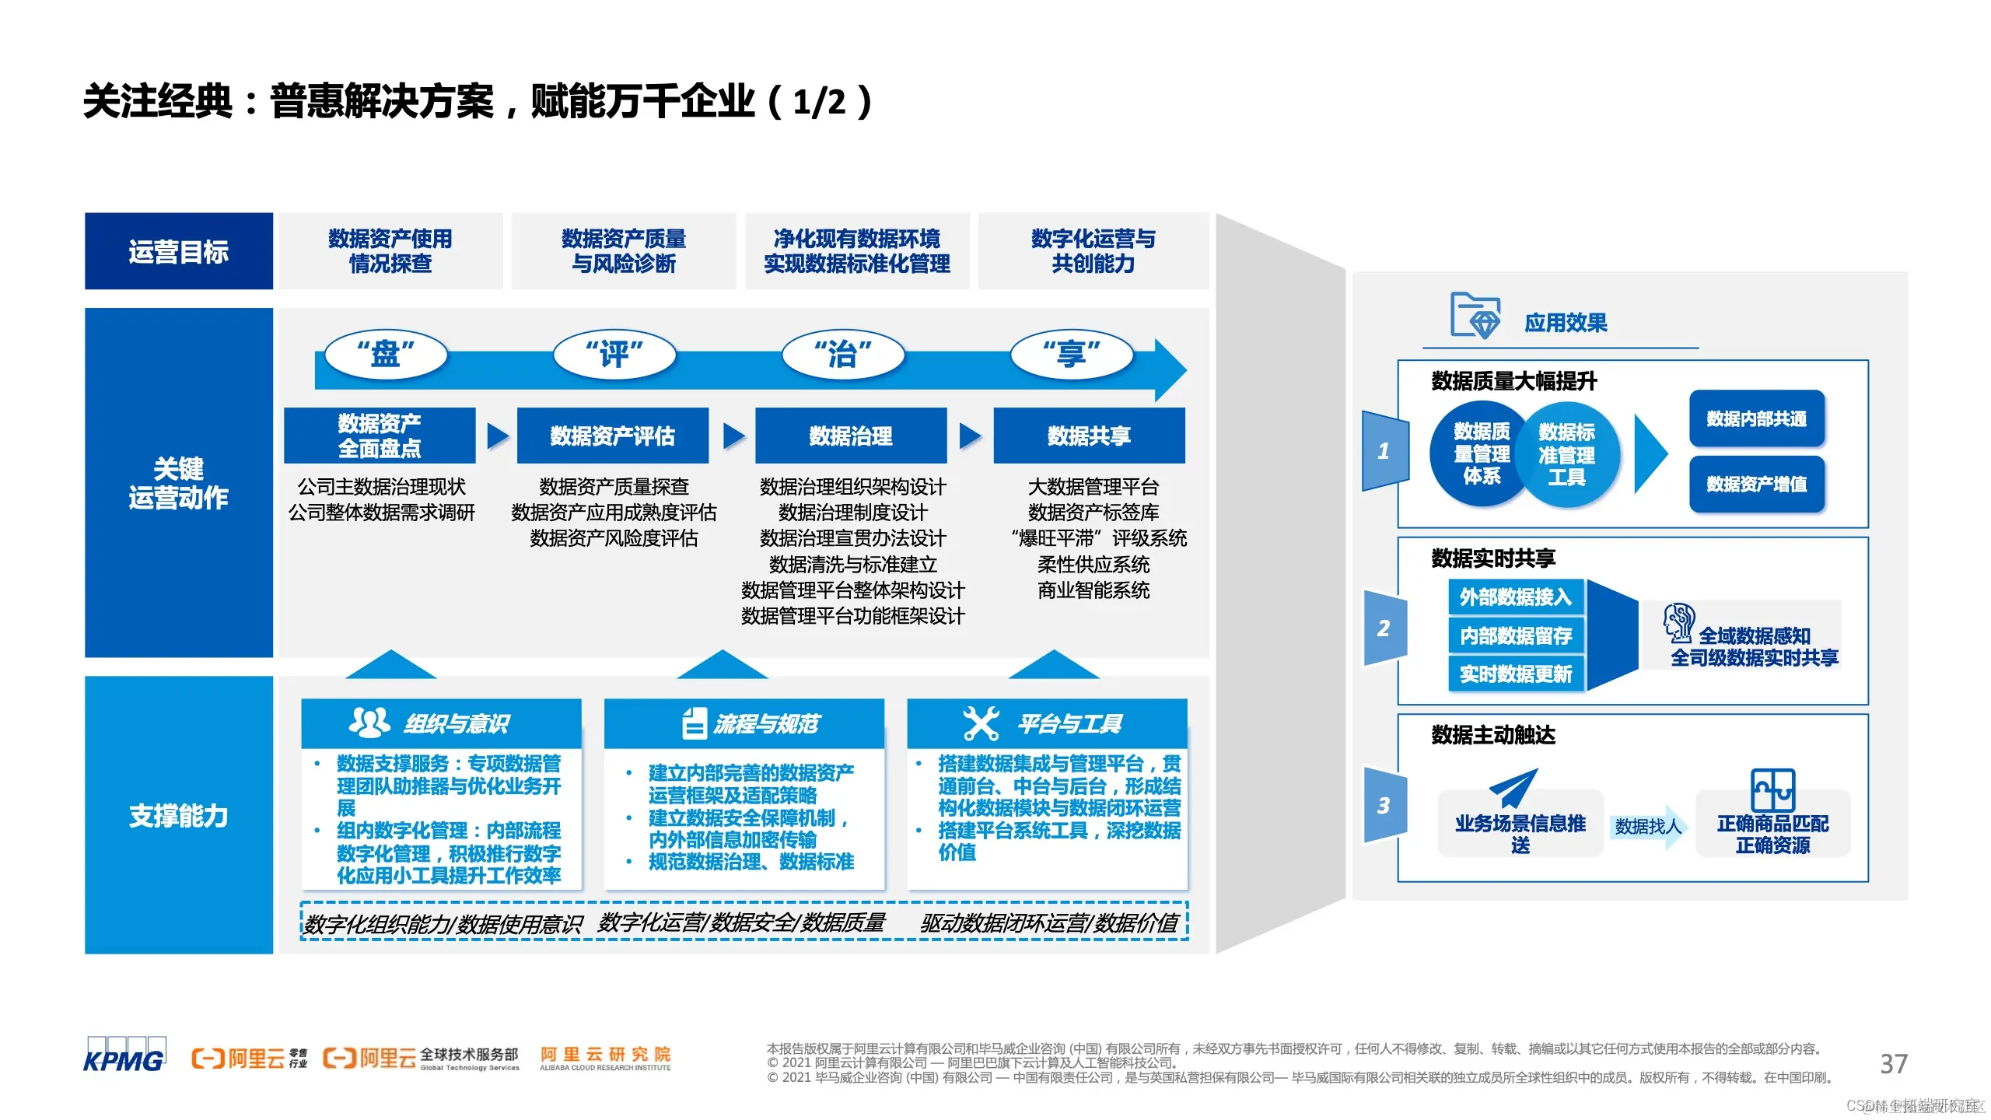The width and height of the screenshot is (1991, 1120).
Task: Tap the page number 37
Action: tap(1894, 1063)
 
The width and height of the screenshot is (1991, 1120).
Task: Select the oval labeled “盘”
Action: tap(386, 355)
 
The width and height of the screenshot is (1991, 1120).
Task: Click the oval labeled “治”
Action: tap(843, 355)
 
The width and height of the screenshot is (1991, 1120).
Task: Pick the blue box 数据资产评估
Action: tap(612, 436)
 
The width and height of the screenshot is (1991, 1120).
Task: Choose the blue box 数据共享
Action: tap(1089, 436)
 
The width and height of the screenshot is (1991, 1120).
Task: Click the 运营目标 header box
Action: tap(179, 251)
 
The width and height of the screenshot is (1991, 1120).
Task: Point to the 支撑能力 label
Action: tap(179, 815)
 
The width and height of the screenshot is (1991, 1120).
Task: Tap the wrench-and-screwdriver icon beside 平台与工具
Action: tap(981, 723)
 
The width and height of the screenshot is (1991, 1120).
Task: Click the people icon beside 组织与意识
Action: tap(369, 723)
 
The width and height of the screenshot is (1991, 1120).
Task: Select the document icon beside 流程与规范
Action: tap(694, 723)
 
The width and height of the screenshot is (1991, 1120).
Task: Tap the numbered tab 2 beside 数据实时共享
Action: tap(1384, 628)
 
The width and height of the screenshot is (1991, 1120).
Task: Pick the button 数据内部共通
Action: tap(1756, 419)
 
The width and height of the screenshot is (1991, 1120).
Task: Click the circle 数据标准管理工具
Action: tap(1566, 454)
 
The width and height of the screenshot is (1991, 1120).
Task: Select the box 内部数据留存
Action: tap(1516, 635)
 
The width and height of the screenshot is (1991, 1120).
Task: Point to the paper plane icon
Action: tap(1513, 788)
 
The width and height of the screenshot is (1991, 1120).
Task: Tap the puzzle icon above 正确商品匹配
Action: tap(1772, 790)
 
